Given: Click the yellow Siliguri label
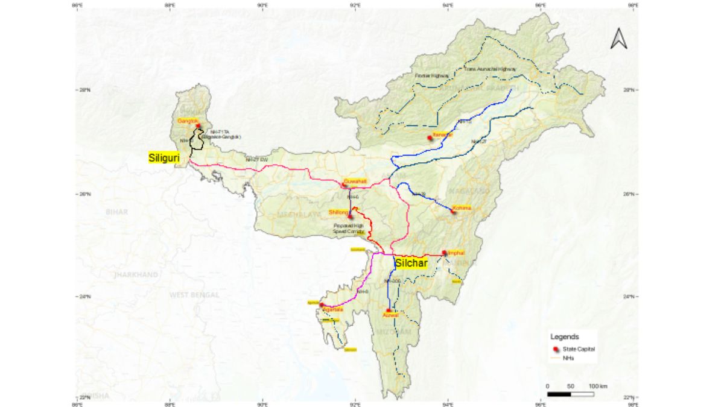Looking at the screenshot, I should [x=164, y=157].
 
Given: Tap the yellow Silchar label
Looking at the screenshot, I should [x=411, y=263].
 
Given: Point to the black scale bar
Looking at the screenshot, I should [x=570, y=394].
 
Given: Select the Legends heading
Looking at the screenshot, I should [x=565, y=336].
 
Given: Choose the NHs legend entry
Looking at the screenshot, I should [x=567, y=358].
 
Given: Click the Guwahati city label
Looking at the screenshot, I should [x=355, y=181].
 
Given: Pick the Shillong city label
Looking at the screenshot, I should [x=338, y=212].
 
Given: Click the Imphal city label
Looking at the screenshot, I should [x=456, y=253].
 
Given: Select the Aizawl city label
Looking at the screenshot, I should [x=391, y=315].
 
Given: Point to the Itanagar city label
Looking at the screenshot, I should [x=442, y=134].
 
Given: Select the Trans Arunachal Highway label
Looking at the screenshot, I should [x=489, y=69].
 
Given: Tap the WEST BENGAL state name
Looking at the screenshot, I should [x=190, y=294].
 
